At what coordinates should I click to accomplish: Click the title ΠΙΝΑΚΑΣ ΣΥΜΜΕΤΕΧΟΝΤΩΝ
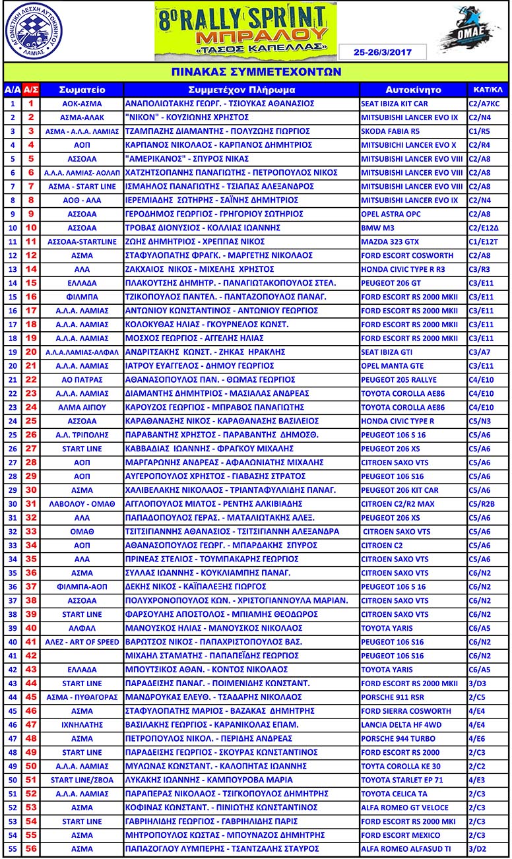coord(255,71)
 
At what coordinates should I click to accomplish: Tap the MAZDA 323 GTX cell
coord(389,241)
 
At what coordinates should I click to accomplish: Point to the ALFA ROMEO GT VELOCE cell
coord(404,807)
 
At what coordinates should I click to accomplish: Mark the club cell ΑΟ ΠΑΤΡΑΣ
coord(82,379)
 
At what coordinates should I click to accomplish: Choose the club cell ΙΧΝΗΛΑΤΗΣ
coord(82,724)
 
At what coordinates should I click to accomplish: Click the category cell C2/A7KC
coord(488,104)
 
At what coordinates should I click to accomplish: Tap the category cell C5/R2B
coord(488,503)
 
